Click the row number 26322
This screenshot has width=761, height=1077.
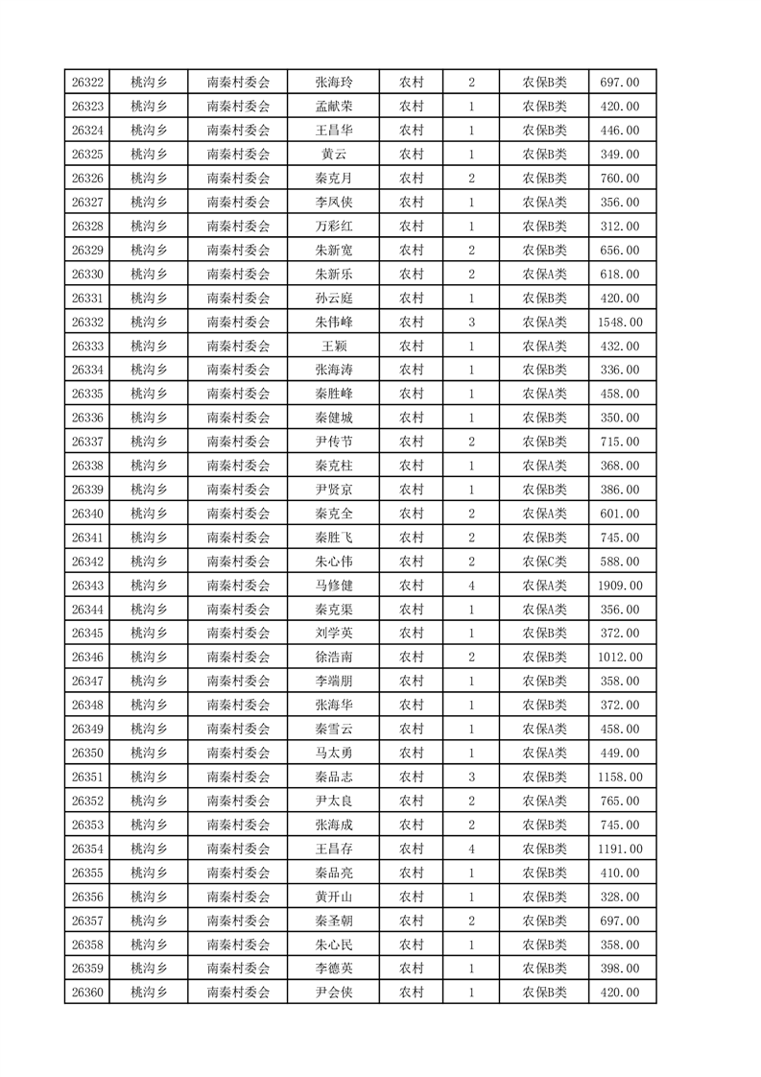point(87,83)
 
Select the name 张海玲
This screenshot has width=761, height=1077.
point(333,83)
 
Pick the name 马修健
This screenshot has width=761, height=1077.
point(333,586)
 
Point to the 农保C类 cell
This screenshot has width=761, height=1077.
point(544,562)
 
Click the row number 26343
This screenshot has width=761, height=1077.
point(87,586)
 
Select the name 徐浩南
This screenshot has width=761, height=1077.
point(333,658)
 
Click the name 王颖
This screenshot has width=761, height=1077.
point(333,347)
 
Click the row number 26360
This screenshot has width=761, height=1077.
point(87,993)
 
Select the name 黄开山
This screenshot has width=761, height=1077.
point(333,897)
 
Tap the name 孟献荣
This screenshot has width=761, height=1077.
point(333,107)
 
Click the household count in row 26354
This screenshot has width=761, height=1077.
point(471,849)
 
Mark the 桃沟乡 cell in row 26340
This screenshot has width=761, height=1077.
point(149,514)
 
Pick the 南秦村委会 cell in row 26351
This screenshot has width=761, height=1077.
point(238,777)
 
